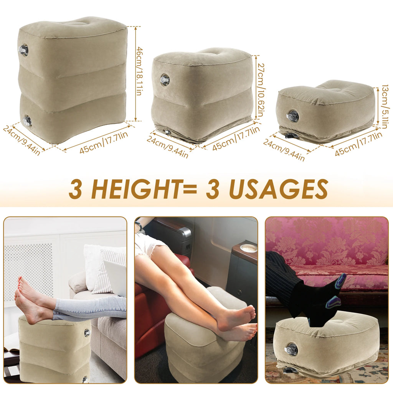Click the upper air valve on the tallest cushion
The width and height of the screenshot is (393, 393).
pyautogui.click(x=24, y=50)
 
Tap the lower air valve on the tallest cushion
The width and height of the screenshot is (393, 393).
pyautogui.click(x=27, y=121)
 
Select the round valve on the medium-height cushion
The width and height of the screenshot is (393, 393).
pyautogui.click(x=165, y=80)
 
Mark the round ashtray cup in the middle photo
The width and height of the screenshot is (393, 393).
pyautogui.click(x=248, y=248)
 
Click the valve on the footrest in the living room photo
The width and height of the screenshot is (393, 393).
pyautogui.click(x=87, y=333)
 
